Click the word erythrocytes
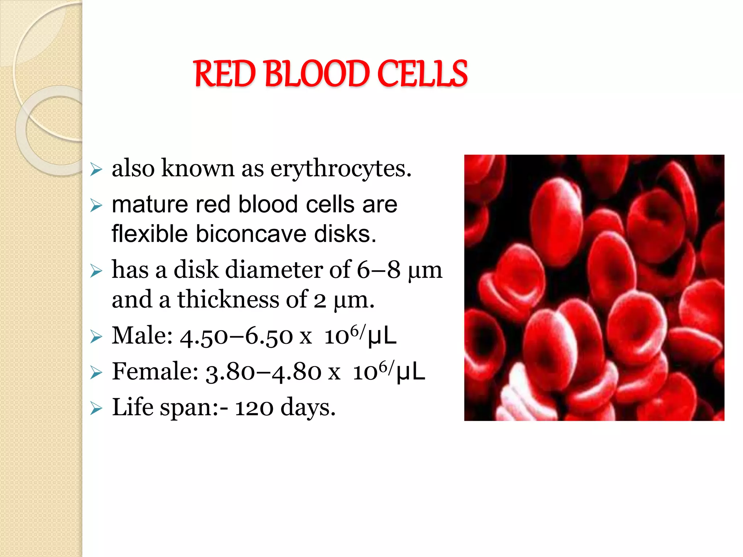point(341,169)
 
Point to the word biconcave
point(253,234)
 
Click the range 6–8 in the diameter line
point(378,270)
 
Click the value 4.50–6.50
point(236,336)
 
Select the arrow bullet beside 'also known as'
point(96,169)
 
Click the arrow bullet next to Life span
point(96,408)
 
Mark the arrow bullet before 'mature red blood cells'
point(96,206)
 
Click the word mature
point(150,205)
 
